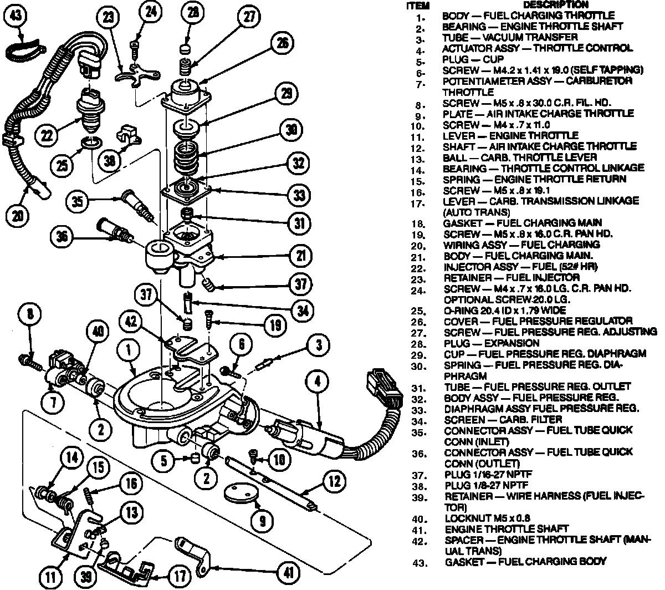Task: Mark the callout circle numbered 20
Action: pos(19,215)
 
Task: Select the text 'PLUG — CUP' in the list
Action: pos(473,59)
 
